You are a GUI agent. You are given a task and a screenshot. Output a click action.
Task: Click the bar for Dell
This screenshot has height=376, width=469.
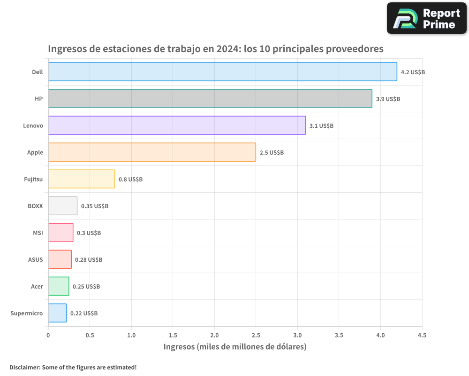click(x=222, y=72)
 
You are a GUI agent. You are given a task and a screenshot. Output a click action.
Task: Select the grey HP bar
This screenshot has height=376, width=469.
click(x=210, y=99)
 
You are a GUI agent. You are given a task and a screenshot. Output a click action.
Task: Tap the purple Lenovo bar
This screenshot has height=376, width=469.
click(x=177, y=125)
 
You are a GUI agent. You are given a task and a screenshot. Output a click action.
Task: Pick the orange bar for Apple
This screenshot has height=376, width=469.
click(x=152, y=152)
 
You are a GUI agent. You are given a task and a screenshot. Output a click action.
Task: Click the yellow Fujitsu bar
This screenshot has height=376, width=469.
click(x=81, y=179)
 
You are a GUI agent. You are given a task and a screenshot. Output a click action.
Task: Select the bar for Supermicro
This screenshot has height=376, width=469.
click(x=57, y=313)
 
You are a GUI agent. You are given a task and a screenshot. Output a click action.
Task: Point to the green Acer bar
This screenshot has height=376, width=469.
click(x=59, y=286)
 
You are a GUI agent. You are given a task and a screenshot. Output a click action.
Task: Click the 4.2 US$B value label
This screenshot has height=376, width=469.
click(x=413, y=72)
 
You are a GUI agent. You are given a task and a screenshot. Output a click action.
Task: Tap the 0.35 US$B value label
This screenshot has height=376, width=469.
click(x=94, y=206)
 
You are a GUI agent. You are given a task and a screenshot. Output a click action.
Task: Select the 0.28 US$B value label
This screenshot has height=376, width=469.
click(x=89, y=260)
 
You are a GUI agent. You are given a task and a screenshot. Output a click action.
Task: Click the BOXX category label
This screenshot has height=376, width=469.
click(x=35, y=206)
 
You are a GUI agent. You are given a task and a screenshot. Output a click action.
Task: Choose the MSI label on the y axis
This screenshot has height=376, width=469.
click(x=38, y=233)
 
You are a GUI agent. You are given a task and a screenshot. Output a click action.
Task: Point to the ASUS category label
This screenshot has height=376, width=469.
click(x=36, y=259)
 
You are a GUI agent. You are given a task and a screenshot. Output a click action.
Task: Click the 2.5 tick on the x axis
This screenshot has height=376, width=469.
click(x=256, y=335)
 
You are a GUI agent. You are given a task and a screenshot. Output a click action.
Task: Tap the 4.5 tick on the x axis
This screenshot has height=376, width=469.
click(x=422, y=335)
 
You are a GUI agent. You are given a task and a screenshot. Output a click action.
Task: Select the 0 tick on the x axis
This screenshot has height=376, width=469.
click(x=48, y=335)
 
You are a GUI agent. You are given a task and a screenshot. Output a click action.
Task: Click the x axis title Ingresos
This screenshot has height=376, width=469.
click(x=179, y=347)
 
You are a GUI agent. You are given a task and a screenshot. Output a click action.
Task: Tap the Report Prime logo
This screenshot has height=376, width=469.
click(x=426, y=18)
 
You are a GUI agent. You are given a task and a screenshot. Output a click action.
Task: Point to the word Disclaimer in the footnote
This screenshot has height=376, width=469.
click(x=24, y=367)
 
